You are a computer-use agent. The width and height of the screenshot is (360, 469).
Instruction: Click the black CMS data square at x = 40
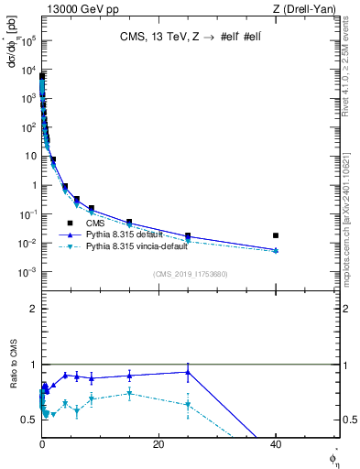point(276,235)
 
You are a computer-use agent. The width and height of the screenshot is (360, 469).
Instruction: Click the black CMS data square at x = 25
point(188,235)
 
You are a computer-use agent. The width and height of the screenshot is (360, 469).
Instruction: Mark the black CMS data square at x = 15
point(129,222)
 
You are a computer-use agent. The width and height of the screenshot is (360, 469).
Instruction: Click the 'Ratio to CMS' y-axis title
point(15,389)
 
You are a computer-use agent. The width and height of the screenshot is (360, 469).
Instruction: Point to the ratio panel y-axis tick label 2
point(34,309)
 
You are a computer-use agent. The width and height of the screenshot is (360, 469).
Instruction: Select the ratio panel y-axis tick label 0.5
point(30,419)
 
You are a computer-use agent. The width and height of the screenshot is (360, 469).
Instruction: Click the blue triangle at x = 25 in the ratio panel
point(188,372)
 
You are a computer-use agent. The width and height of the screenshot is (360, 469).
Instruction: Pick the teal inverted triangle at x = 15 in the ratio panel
point(129,394)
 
